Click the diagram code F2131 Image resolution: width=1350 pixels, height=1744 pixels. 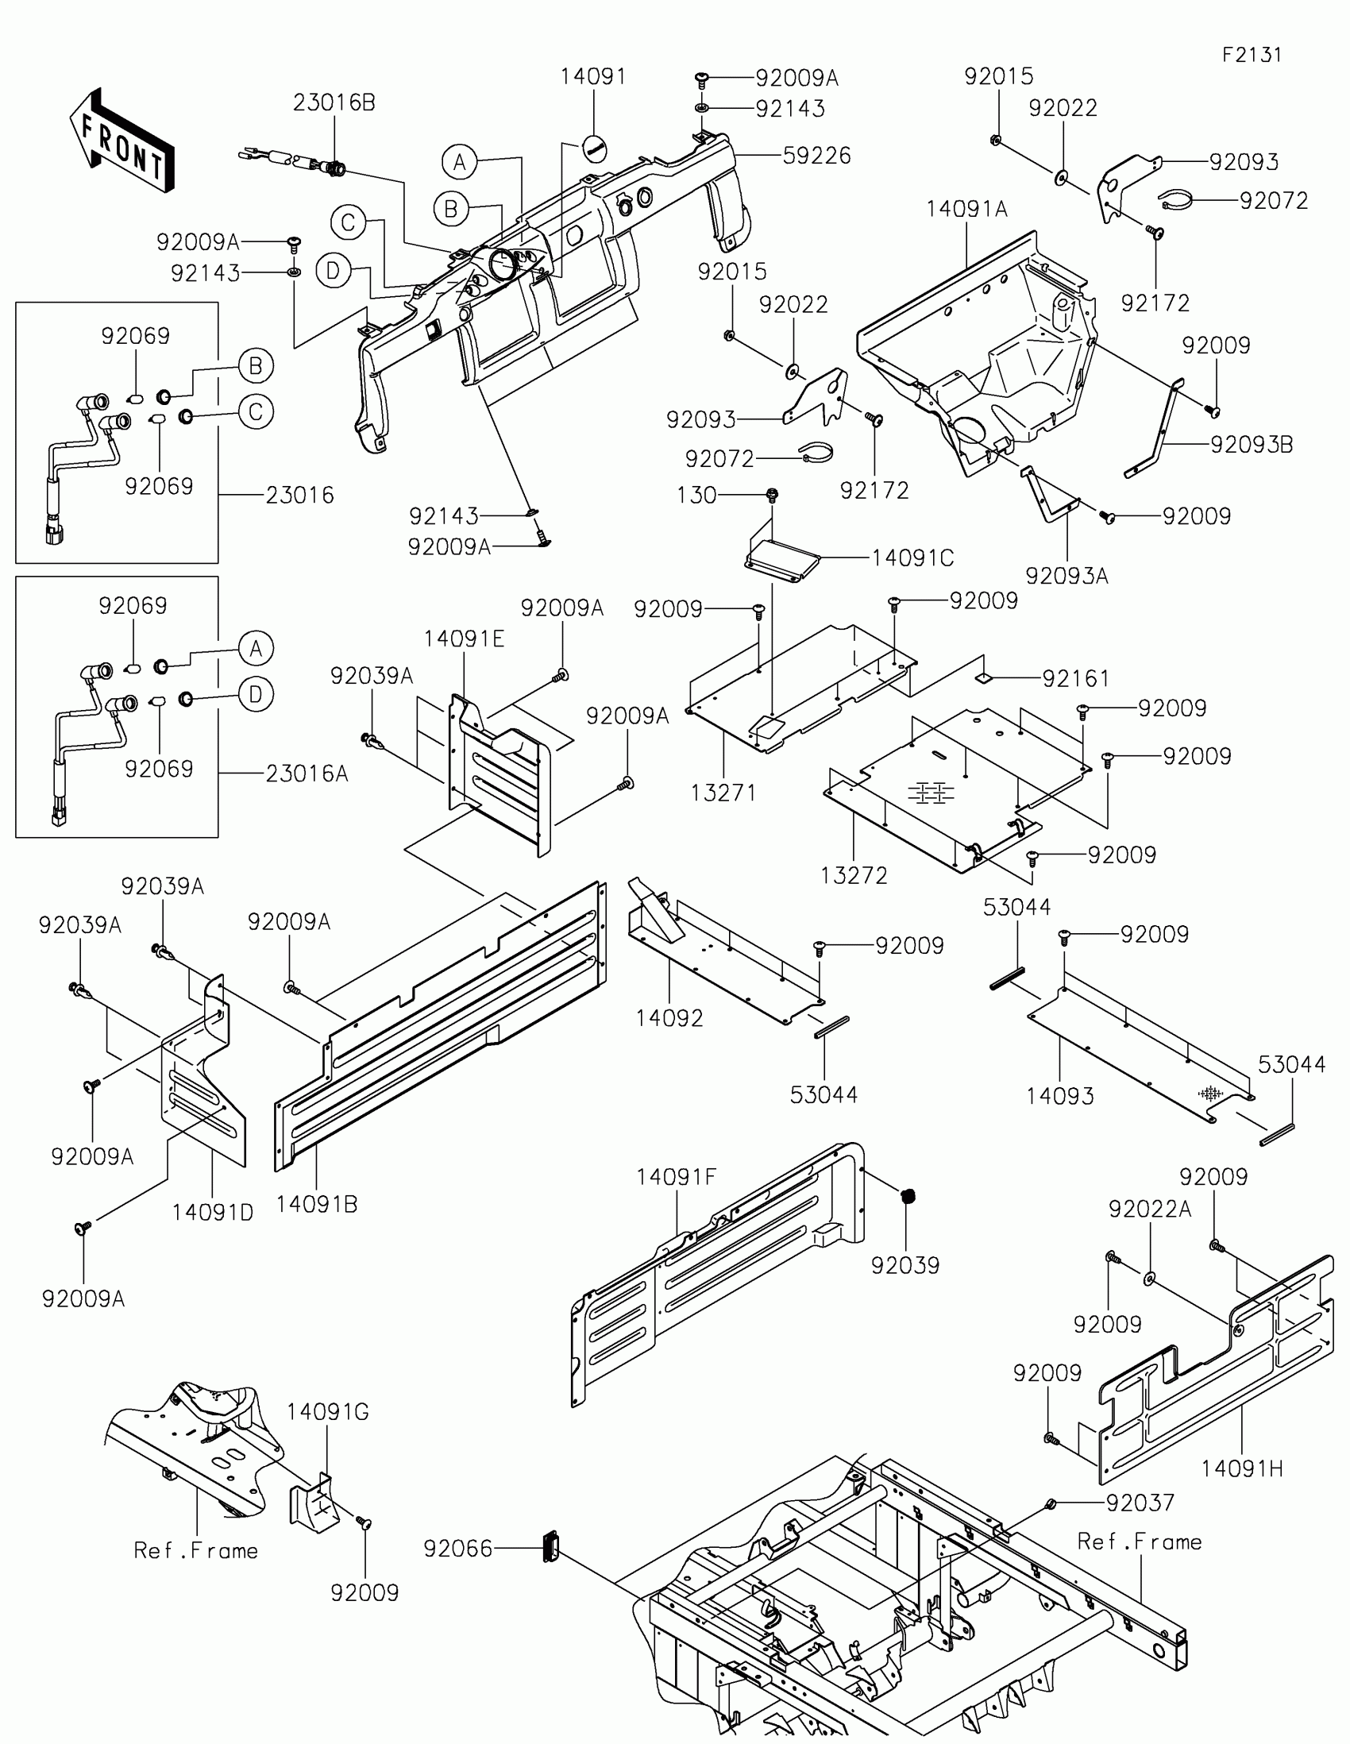(1251, 55)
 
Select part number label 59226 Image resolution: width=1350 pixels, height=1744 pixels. (816, 155)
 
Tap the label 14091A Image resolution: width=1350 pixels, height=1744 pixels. (966, 209)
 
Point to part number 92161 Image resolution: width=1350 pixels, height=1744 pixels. (1075, 679)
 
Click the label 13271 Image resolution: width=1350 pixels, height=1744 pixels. (723, 793)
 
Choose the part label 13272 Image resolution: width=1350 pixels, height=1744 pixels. (854, 875)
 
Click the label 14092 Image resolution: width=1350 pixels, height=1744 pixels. (669, 1018)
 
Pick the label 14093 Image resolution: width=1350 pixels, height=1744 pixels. (1059, 1097)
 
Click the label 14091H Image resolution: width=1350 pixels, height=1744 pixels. (1241, 1468)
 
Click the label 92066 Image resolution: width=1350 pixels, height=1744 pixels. (458, 1549)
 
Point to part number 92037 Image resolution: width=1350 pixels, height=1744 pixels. (1140, 1503)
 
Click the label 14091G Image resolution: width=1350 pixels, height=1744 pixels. (327, 1413)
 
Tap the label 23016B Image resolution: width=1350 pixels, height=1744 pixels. (334, 103)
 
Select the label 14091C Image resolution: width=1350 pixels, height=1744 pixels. (912, 558)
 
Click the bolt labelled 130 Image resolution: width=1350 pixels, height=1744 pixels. (771, 495)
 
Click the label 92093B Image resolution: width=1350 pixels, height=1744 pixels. (1251, 445)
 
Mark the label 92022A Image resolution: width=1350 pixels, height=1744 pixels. (1149, 1210)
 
